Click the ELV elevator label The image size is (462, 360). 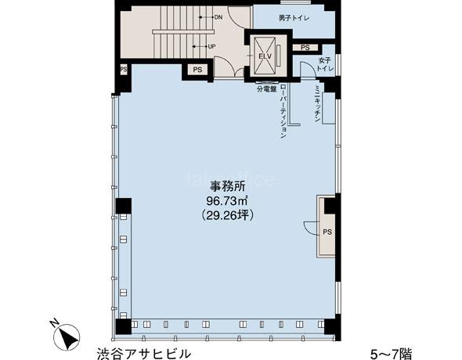coord(265,56)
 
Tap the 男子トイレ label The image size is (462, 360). coord(294,18)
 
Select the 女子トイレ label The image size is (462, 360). coord(325,64)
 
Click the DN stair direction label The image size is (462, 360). coord(218,17)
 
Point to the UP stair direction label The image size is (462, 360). coord(211,46)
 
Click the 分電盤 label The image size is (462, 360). coord(267,89)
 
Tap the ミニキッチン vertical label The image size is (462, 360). coord(317,104)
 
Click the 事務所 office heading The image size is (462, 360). coord(227,186)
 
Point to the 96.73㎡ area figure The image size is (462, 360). coord(226,201)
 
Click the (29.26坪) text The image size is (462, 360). coord(226,216)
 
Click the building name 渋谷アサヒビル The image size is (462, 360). coord(144,353)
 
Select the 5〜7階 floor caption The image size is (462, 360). coord(392,354)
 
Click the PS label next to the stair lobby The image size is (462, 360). coord(197,70)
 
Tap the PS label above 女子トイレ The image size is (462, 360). coord(305,48)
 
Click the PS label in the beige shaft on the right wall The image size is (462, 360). coord(327,232)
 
